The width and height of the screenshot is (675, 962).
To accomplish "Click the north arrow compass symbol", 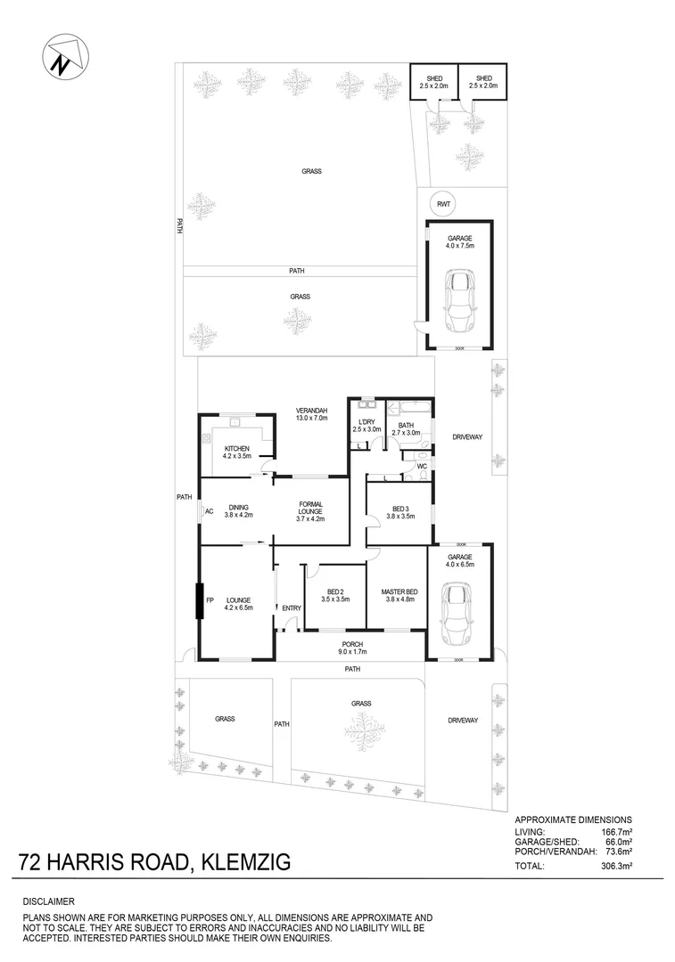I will pos(62,57).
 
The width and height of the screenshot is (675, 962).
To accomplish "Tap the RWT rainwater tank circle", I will pos(443,203).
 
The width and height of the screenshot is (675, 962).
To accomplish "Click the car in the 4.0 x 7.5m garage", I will pos(460,300).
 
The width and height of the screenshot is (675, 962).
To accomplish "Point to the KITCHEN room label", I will pos(235,448).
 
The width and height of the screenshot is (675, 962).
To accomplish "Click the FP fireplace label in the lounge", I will pos(210,600).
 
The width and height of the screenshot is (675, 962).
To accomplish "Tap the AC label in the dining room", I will pos(209,512).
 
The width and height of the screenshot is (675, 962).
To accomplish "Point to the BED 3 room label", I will pos(400,509).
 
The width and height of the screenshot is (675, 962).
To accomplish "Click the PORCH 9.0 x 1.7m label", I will pos(353,648).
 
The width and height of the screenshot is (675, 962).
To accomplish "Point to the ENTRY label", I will pos(292,608).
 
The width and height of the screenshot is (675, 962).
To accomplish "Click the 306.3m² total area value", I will pos(614,864).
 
